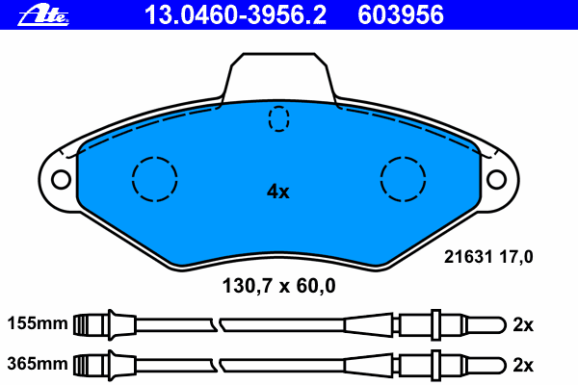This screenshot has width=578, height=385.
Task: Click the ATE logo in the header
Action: tap(43, 15)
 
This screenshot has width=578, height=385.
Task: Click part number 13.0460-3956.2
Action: tap(235, 15)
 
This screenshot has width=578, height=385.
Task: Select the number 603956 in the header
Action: tap(401, 15)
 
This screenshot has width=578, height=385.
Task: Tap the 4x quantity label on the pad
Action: tap(278, 192)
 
